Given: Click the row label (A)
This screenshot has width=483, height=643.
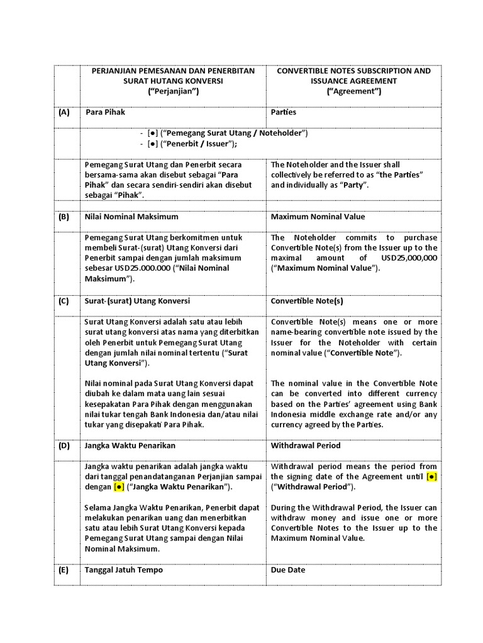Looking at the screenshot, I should [64, 112].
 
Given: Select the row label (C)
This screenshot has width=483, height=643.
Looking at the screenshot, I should [64, 301].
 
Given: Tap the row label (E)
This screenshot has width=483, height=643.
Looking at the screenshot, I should [64, 570].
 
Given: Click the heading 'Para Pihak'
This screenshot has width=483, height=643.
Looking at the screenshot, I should [105, 112].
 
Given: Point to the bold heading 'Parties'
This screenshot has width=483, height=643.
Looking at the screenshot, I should [284, 112].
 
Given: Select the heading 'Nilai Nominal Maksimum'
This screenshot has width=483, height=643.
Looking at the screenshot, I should [131, 217].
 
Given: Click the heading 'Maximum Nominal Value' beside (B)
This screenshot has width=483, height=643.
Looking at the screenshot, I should [318, 217].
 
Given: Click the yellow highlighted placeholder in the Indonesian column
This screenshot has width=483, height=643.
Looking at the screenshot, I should [119, 487].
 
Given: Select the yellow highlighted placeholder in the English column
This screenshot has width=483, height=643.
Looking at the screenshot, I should [431, 477].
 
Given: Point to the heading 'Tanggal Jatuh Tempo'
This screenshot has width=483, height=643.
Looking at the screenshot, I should [124, 570].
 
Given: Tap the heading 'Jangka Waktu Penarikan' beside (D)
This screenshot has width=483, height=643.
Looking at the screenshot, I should [130, 445].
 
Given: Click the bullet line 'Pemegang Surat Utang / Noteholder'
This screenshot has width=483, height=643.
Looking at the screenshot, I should [227, 133].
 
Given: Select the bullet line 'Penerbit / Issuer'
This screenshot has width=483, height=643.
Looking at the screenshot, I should [196, 144].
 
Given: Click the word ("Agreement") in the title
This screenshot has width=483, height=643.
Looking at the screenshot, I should [353, 91].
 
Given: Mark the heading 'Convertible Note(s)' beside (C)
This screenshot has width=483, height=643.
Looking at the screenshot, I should [307, 301].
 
